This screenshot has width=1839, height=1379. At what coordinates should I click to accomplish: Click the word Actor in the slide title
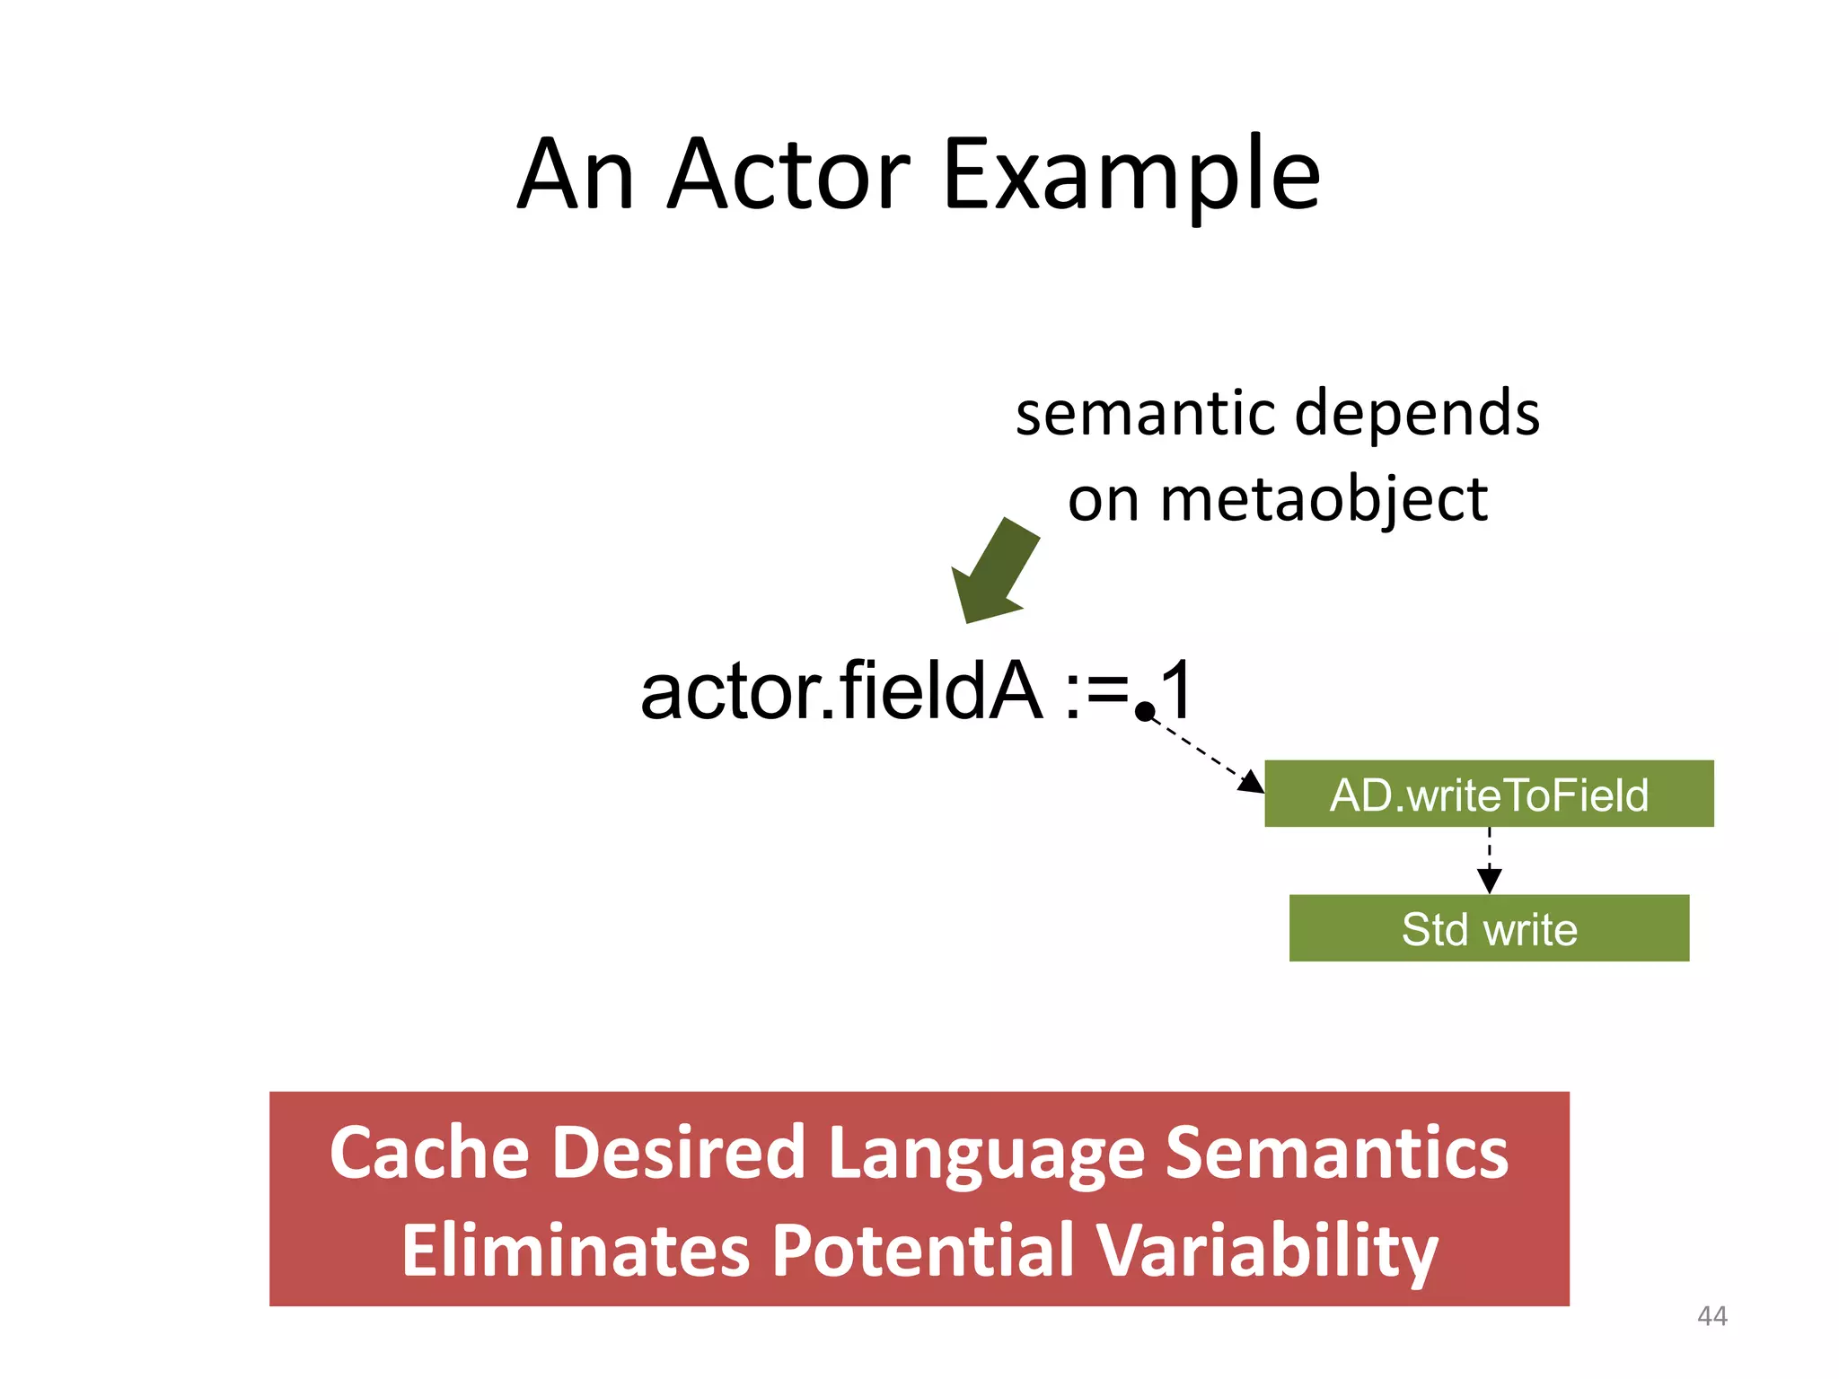point(788,175)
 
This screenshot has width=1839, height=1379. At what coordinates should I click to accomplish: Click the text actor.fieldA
point(841,691)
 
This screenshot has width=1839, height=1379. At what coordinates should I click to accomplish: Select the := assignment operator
point(1096,691)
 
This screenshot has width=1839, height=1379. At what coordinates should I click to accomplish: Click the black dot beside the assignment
point(1145,712)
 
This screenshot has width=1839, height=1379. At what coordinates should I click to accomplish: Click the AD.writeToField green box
point(1489,795)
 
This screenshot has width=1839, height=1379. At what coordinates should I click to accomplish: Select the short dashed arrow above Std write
point(1490,860)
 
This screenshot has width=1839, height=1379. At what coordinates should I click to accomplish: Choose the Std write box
point(1489,928)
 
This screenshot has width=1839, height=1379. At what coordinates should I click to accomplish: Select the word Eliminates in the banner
point(575,1251)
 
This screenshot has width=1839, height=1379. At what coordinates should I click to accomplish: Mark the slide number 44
point(1711,1316)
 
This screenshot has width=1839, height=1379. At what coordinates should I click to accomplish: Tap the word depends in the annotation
point(1418,414)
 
